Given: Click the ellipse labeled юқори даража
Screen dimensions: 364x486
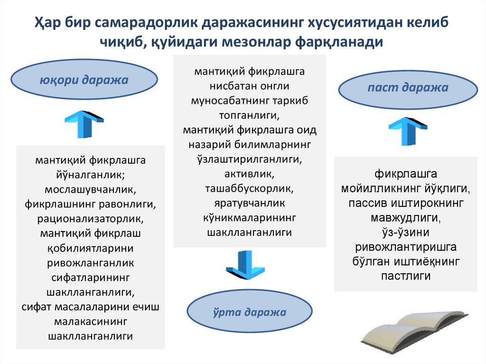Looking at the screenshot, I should [84, 80].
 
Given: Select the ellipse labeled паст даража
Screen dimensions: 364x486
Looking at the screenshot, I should [407, 88].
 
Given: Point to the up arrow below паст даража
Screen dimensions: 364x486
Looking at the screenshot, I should [407, 131].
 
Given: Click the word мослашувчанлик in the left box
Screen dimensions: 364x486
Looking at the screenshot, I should [90, 190].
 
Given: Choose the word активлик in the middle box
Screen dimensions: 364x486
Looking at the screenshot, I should [249, 174].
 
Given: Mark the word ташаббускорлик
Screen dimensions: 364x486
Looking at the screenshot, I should [249, 188].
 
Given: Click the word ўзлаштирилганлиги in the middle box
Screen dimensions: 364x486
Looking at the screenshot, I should [249, 159].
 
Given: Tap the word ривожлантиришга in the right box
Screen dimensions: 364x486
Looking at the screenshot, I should [406, 248].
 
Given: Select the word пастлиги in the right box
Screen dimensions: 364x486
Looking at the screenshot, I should [406, 276].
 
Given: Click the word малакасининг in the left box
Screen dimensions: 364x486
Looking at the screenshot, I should [90, 322].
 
